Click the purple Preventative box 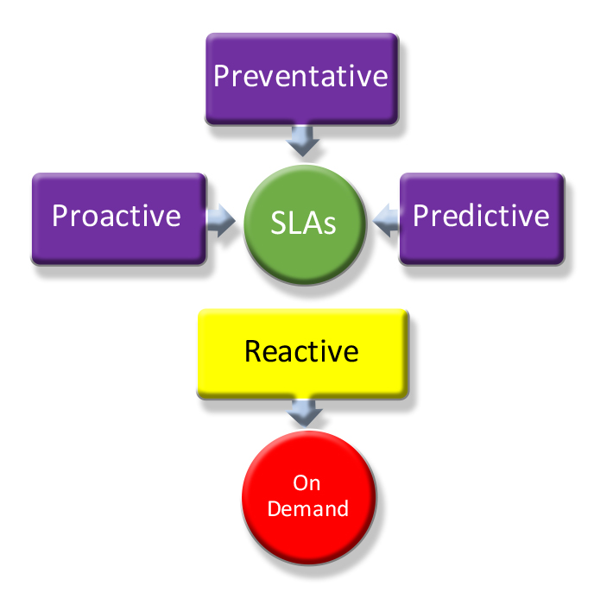tap(300, 78)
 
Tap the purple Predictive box tap(481, 216)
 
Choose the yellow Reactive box tap(301, 352)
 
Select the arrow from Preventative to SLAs tap(301, 138)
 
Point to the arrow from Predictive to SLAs tap(385, 217)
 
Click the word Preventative tap(300, 76)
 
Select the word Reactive tap(301, 351)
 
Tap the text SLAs tap(302, 224)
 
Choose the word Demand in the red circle tap(308, 508)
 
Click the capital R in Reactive tap(252, 351)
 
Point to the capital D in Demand tap(274, 508)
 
